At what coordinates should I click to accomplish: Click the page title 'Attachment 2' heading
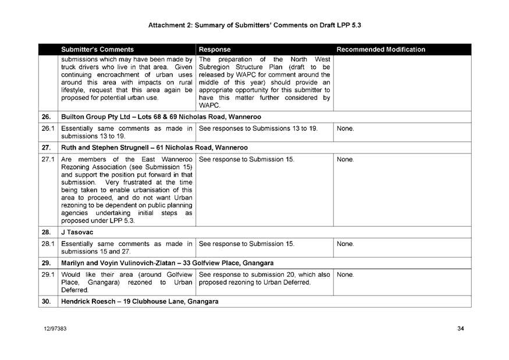pos(255,25)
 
